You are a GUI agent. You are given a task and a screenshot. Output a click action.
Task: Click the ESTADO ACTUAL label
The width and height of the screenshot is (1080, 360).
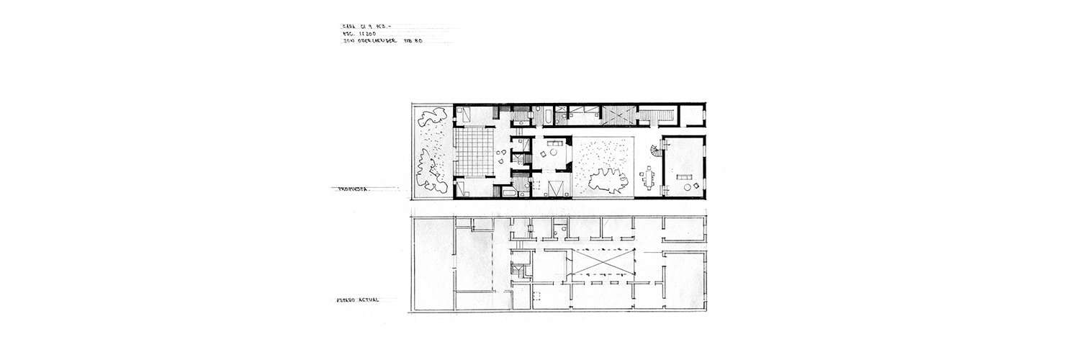(x=358, y=300)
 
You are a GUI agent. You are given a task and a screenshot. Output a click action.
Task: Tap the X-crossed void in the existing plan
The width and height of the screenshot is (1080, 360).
(x=602, y=263)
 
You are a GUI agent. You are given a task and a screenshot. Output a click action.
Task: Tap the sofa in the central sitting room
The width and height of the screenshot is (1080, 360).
(x=555, y=143)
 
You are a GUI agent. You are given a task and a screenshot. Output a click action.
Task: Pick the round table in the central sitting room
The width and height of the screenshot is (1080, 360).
(x=553, y=151)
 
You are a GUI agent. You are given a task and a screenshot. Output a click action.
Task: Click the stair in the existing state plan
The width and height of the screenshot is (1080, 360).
(x=518, y=273)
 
